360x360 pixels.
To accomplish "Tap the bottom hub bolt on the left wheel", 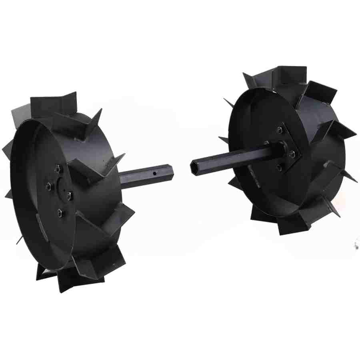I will pos(60,212).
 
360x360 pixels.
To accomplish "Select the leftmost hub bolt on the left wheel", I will pos(48,186).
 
